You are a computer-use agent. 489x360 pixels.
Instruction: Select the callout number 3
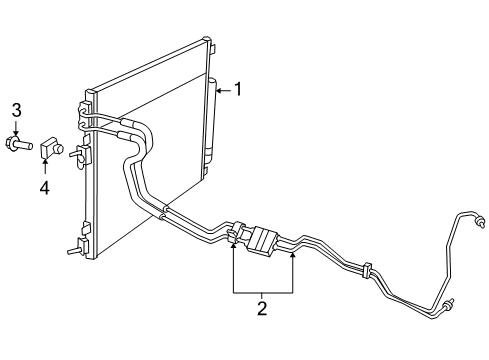pyautogui.click(x=16, y=109)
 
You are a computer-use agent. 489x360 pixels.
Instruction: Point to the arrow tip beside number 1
pyautogui.click(x=216, y=91)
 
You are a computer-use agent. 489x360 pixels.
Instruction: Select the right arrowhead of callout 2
pyautogui.click(x=293, y=256)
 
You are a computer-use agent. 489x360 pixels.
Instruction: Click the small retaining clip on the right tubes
pyautogui.click(x=367, y=270)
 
